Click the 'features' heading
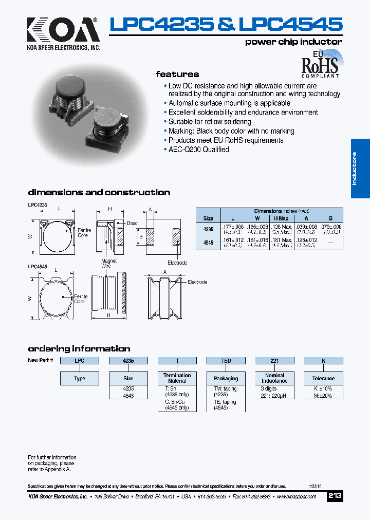(177, 74)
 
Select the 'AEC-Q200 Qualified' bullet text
(199, 150)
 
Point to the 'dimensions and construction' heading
(99, 193)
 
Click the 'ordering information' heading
(79, 348)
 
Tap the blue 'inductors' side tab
(360, 169)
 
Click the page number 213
(335, 496)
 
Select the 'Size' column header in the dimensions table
(208, 218)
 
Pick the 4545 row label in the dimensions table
(208, 243)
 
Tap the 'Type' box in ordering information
(80, 379)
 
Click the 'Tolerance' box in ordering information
(323, 379)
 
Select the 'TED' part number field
(226, 361)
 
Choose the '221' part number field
(274, 361)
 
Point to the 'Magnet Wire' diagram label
(109, 264)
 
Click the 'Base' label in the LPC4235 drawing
(132, 224)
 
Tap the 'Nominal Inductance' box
(274, 378)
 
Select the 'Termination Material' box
(177, 378)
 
